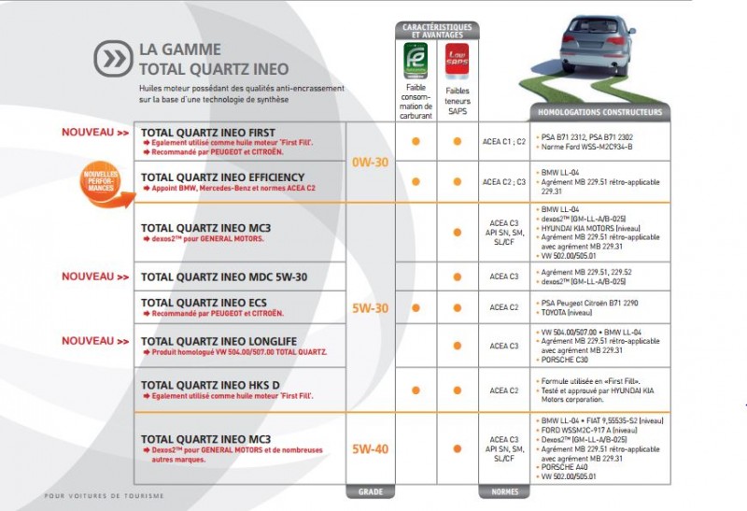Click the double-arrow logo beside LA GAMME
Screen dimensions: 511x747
click(x=113, y=58)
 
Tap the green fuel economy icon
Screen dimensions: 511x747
click(x=416, y=62)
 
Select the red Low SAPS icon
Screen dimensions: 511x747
click(x=457, y=62)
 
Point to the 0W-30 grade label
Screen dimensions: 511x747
click(x=371, y=162)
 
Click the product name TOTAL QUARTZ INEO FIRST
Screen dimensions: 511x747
click(x=207, y=133)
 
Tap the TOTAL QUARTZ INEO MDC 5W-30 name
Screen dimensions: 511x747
click(x=224, y=277)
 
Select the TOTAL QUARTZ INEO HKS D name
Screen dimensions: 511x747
click(x=211, y=384)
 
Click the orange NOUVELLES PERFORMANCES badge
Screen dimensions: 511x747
click(x=100, y=179)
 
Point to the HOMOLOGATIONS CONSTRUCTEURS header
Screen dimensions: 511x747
click(x=600, y=112)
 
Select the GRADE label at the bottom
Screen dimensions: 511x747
click(x=371, y=491)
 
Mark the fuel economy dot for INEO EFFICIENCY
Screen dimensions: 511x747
click(x=416, y=181)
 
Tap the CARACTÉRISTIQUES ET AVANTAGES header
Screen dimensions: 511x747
click(x=436, y=31)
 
